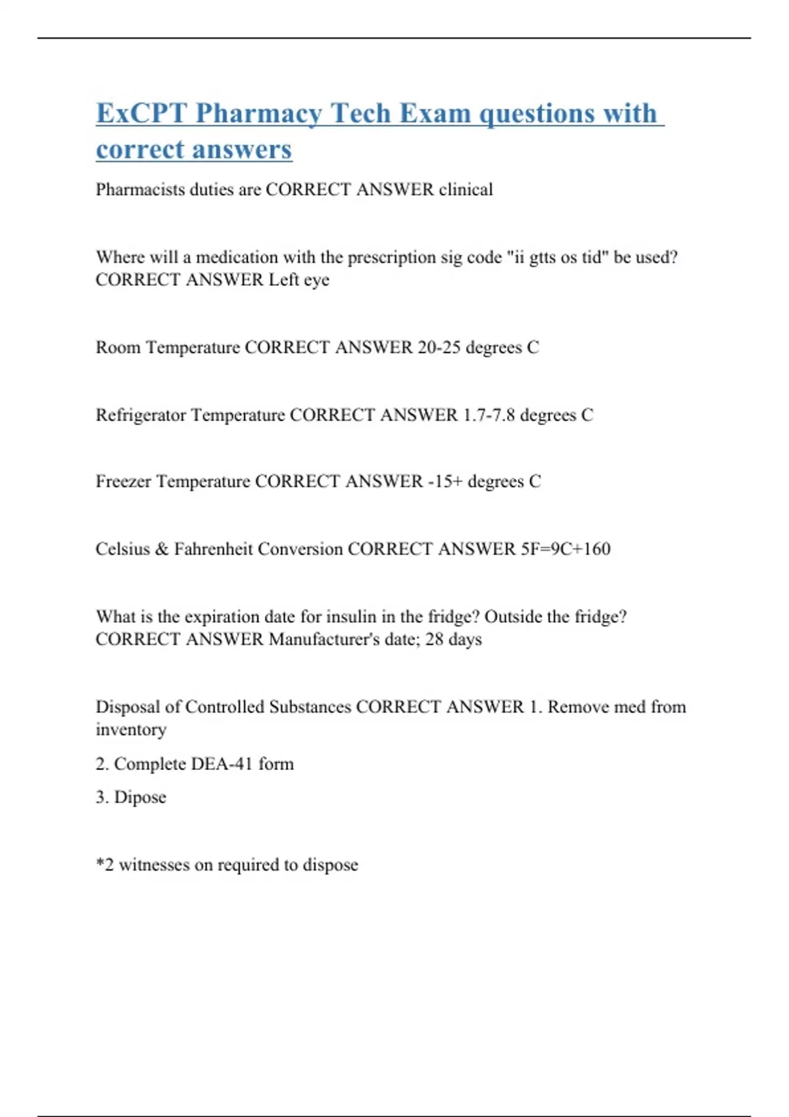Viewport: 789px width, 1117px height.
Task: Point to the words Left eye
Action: (299, 280)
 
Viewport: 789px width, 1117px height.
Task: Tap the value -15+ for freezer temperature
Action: (445, 482)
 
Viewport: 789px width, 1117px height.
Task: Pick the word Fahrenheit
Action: (213, 549)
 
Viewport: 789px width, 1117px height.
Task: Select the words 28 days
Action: (453, 639)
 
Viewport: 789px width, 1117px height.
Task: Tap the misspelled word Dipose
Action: (140, 797)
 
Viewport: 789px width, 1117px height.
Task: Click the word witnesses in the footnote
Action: (154, 865)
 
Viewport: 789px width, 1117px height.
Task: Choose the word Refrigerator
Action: (141, 415)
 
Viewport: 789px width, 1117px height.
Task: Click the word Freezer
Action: (124, 482)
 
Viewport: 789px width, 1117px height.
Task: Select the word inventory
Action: (131, 729)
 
